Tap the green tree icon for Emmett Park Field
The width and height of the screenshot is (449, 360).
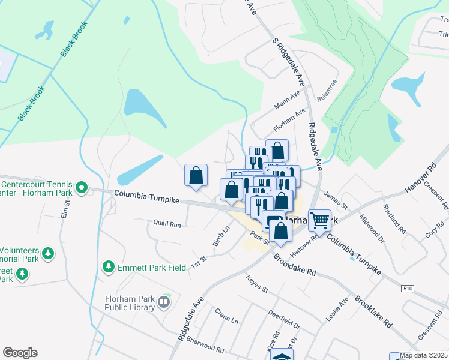109,266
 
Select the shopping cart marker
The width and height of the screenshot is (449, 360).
319,220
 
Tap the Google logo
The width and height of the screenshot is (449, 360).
20,353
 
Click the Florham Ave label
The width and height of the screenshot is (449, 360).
289,119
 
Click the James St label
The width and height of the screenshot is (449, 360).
337,200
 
